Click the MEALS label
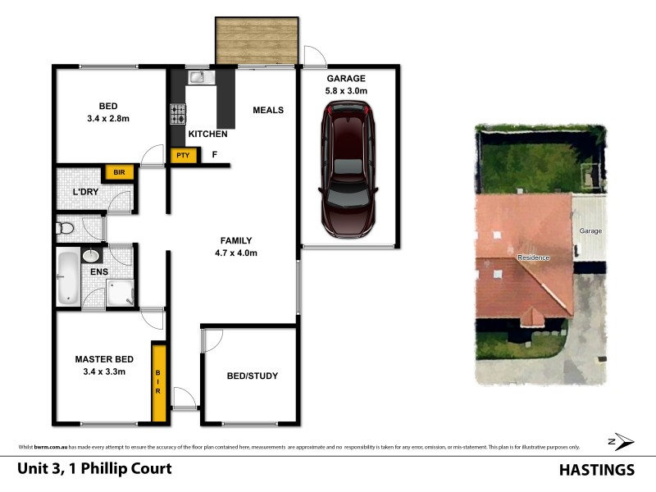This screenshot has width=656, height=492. coord(268,110)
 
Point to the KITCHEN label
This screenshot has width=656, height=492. coord(207,134)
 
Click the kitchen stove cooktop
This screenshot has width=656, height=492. coord(177,114)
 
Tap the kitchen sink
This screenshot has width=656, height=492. coord(198,78)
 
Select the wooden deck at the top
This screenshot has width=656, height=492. coord(256,41)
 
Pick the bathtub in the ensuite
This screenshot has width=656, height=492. coord(69,278)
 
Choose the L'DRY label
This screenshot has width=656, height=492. coord(86,192)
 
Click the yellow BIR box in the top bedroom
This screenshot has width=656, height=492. coord(119,173)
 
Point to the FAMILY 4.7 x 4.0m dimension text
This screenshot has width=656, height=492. coord(235,253)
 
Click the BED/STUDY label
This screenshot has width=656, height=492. coord(252,376)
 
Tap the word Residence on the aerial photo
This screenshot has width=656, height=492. coord(533,257)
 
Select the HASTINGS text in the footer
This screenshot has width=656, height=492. coord(596,470)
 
